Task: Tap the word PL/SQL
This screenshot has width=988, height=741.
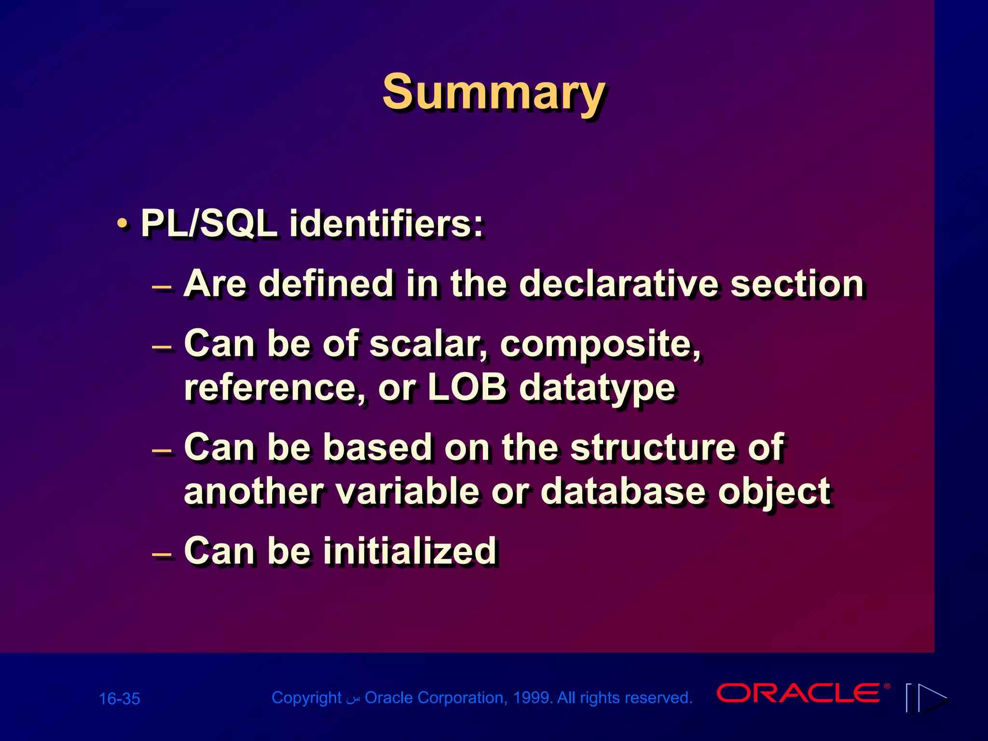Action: click(208, 224)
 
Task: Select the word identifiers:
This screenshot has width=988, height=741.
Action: click(386, 224)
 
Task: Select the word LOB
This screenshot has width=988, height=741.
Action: click(467, 387)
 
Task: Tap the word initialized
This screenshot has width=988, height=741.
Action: click(410, 551)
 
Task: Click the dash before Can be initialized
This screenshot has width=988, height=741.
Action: click(162, 553)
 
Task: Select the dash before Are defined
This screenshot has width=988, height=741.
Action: click(162, 288)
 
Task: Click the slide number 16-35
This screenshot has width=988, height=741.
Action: click(119, 699)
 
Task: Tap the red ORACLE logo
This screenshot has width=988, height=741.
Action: click(799, 694)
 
